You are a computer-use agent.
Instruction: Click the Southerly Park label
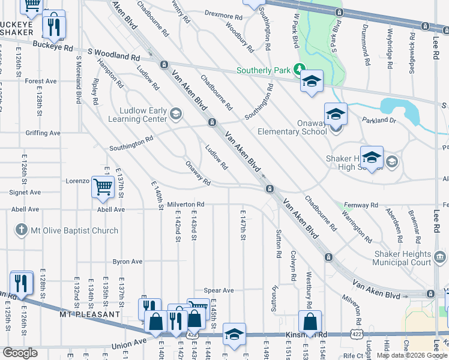click(264, 70)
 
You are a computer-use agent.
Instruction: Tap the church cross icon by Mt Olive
click(21, 230)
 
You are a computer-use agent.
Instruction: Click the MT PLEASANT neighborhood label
click(89, 314)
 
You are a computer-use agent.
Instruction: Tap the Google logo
click(20, 353)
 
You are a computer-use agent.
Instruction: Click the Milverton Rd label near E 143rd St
click(182, 205)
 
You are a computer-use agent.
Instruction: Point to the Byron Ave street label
click(128, 262)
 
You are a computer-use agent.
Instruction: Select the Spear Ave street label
click(218, 290)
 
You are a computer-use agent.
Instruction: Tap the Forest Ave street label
click(41, 81)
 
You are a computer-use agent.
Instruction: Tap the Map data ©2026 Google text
click(411, 355)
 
